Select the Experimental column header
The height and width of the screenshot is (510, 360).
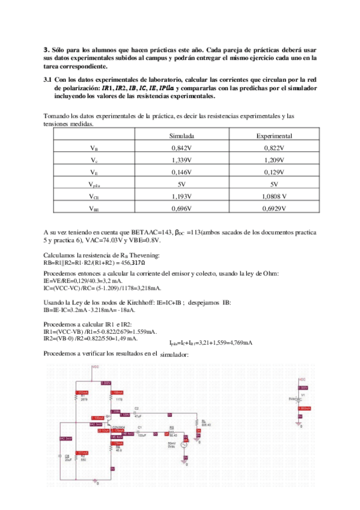click(x=274, y=137)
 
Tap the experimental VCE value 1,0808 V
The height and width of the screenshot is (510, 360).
click(x=274, y=196)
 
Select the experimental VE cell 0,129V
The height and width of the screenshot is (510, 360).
click(x=274, y=172)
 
